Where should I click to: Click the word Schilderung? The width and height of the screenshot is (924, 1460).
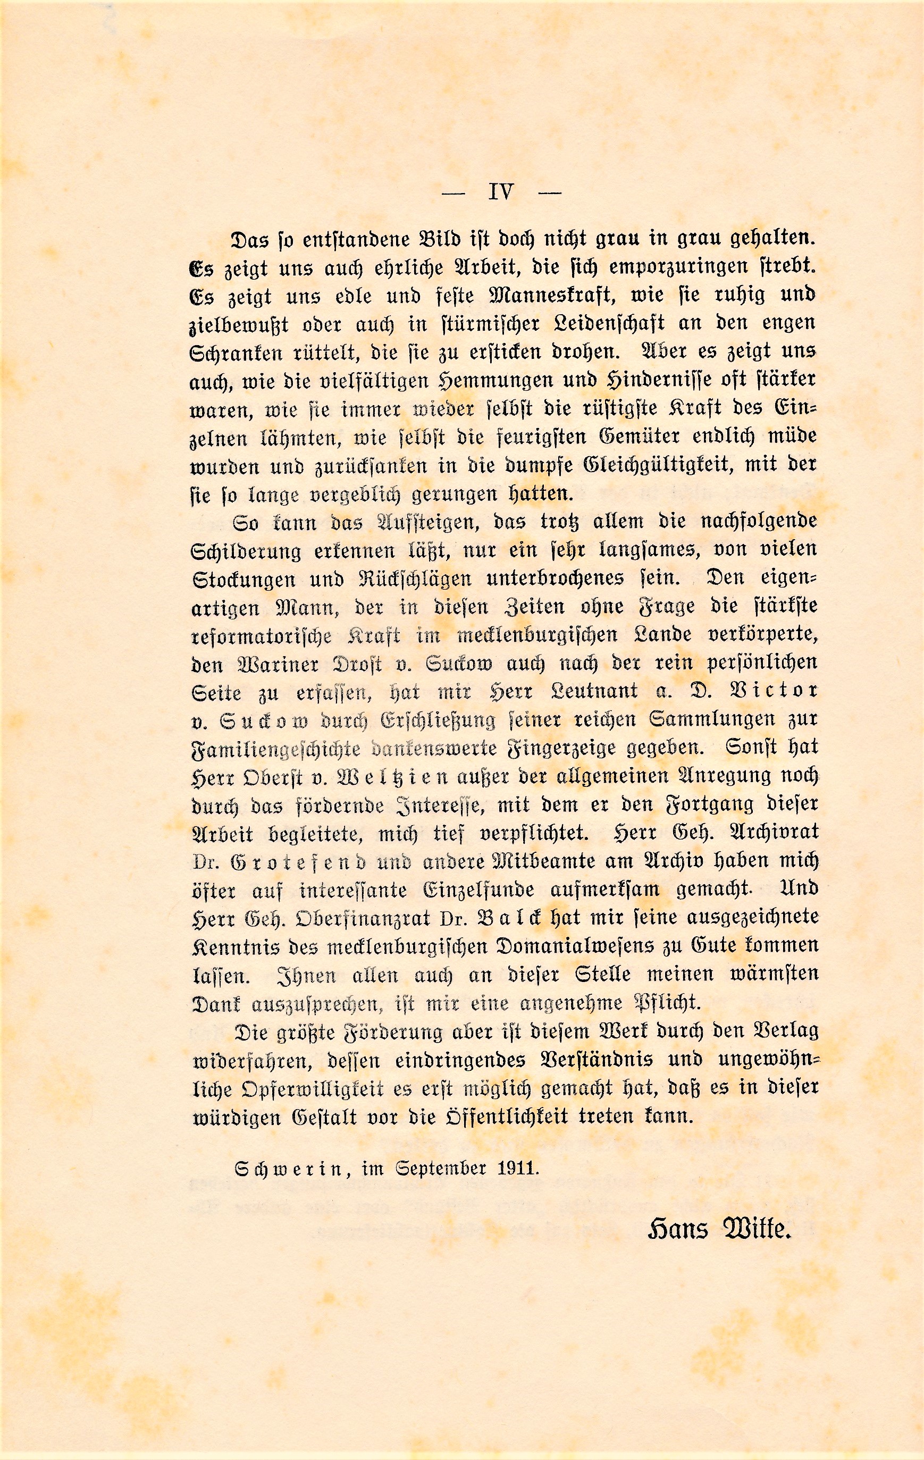point(246,552)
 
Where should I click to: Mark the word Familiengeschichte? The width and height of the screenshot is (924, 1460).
point(276,749)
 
